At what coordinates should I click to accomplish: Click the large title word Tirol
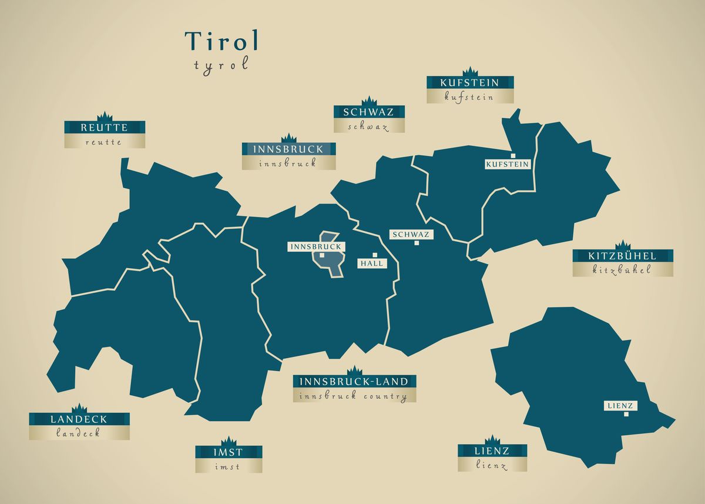click(221, 41)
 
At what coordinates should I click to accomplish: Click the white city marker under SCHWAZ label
click(417, 243)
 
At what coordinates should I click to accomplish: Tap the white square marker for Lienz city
click(626, 414)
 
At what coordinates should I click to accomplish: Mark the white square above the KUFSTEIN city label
click(513, 156)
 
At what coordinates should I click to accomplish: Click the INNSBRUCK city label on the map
click(315, 246)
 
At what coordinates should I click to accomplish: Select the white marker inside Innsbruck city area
click(323, 255)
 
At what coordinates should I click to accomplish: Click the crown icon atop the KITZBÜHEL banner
click(623, 245)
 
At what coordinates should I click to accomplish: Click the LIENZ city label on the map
click(621, 405)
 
